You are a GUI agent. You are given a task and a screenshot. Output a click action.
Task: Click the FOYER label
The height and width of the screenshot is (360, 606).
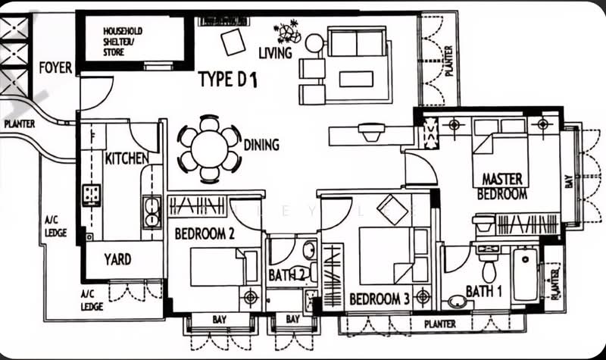55,67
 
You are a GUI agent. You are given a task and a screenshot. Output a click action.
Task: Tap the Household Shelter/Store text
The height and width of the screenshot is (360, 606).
123,42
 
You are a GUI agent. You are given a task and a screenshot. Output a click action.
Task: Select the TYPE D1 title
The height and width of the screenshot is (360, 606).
228,80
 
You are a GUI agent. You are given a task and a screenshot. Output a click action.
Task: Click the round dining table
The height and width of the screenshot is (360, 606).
210,149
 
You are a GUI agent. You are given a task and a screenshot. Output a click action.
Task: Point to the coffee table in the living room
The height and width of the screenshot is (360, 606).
356,79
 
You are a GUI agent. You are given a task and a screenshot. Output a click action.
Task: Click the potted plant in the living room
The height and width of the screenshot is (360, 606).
287,31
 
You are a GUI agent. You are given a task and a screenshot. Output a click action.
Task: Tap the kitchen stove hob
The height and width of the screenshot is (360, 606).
92,195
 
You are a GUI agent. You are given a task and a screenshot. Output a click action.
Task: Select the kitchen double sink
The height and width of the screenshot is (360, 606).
151,212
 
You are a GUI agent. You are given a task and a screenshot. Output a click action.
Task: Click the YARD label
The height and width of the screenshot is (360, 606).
117,259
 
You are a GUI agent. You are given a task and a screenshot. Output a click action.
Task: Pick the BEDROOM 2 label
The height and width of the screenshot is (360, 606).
205,233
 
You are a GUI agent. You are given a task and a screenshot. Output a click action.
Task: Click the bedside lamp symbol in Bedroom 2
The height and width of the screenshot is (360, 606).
251,298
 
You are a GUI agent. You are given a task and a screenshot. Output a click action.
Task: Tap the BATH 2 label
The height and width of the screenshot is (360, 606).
286,275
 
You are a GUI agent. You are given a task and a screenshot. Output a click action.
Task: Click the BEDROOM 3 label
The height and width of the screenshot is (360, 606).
380,299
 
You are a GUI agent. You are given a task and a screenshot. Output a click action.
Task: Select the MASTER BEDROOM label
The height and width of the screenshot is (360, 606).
502,186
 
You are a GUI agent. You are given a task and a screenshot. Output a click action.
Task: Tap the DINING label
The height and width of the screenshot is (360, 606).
261,145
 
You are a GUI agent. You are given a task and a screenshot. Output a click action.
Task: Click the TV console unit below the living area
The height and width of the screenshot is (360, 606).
371,136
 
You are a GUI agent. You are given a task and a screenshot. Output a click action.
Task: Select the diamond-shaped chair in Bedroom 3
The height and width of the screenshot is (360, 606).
392,210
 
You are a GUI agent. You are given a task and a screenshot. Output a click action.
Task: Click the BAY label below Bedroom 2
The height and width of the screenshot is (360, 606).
219,319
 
